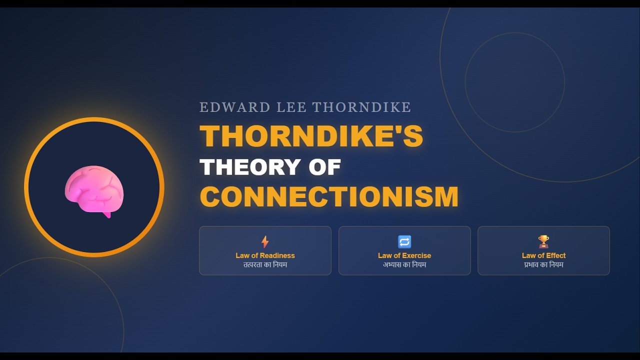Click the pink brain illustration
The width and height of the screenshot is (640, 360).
[94, 190]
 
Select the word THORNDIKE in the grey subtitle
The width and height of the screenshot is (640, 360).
[361, 107]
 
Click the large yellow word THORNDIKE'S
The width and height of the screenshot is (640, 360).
[311, 135]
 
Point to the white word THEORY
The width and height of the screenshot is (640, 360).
[250, 167]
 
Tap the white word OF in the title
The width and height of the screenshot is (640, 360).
[324, 167]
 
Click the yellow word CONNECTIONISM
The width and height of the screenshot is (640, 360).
[329, 196]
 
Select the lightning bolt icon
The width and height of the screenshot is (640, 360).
[265, 242]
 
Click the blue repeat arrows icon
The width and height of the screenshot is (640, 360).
[404, 242]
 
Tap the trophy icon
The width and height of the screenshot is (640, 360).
[543, 242]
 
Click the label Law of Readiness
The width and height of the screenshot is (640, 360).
[265, 255]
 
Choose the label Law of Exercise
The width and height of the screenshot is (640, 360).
[404, 255]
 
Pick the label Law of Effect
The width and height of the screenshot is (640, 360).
[543, 255]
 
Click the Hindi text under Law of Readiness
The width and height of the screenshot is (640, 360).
[265, 264]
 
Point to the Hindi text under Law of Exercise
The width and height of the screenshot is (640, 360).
[404, 264]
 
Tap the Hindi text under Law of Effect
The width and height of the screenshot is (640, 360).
[543, 264]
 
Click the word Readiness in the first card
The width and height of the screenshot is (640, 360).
[277, 255]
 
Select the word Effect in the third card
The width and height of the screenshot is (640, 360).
[555, 255]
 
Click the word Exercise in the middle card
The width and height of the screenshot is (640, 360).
[416, 255]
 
